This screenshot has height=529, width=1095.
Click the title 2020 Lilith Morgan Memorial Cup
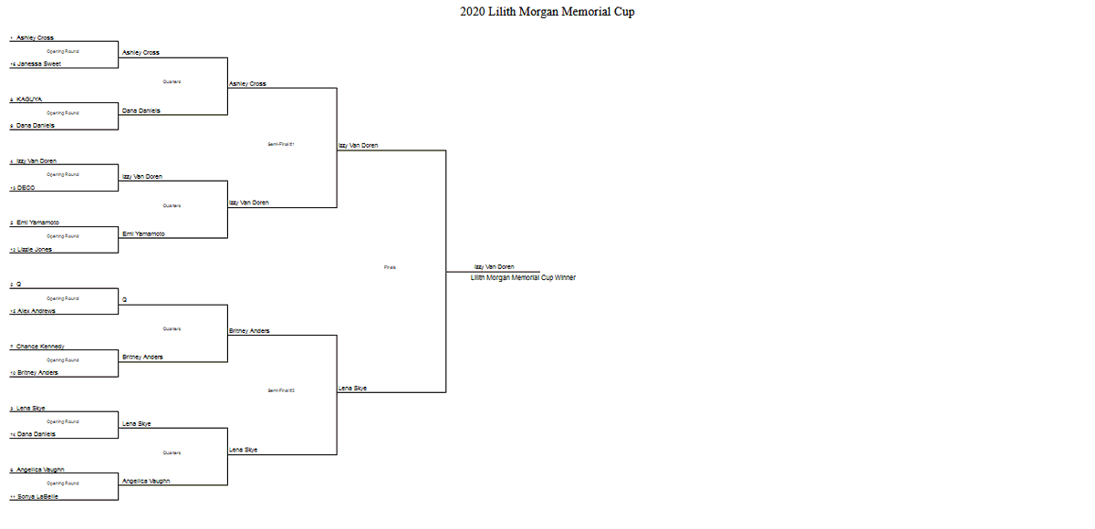547,12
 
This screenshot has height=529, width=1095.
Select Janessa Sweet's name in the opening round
39,65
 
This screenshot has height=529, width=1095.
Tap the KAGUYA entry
29,99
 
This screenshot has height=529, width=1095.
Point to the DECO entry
26,188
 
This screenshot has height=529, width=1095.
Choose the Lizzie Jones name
35,250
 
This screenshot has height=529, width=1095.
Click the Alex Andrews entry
36,311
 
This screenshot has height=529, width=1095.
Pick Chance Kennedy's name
40,347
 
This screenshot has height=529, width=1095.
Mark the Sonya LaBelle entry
37,496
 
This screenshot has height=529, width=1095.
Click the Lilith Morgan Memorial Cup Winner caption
523,277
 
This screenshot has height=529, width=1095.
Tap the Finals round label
390,267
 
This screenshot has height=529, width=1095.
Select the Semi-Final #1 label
281,144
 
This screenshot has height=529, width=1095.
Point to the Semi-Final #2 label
281,390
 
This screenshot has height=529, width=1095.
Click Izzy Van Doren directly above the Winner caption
494,267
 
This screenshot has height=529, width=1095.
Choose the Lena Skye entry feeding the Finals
353,389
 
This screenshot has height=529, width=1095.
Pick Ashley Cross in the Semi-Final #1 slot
247,84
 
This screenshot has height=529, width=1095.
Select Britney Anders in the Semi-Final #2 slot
249,331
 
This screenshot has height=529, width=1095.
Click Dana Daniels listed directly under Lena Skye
36,434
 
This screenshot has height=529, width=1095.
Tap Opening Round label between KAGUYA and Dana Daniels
63,113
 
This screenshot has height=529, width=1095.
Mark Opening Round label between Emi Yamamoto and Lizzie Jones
63,236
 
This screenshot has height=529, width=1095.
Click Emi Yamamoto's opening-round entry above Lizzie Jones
37,223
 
